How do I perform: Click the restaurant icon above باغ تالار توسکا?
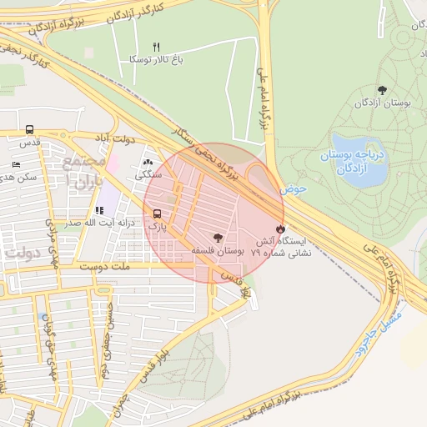(155, 47)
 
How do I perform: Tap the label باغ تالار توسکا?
(155, 59)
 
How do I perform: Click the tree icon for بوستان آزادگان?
(382, 89)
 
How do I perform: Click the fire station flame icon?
(279, 228)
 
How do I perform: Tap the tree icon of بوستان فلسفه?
(219, 237)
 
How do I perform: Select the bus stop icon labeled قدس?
(30, 130)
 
